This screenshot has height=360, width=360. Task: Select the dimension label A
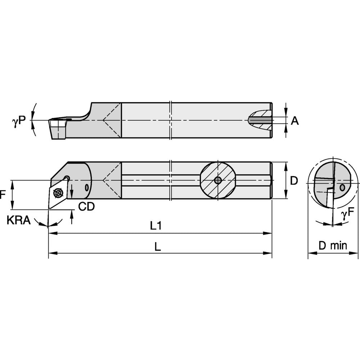point(295,121)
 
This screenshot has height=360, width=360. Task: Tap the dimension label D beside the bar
point(294,181)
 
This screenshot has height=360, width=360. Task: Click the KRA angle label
point(18,220)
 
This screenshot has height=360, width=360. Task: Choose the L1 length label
point(156,226)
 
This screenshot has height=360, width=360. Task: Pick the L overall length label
point(157,247)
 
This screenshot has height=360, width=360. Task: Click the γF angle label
point(348,215)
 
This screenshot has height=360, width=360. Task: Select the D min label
point(333,246)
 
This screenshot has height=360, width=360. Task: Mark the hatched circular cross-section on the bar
point(217,180)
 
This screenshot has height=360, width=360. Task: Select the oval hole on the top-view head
point(86,187)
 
